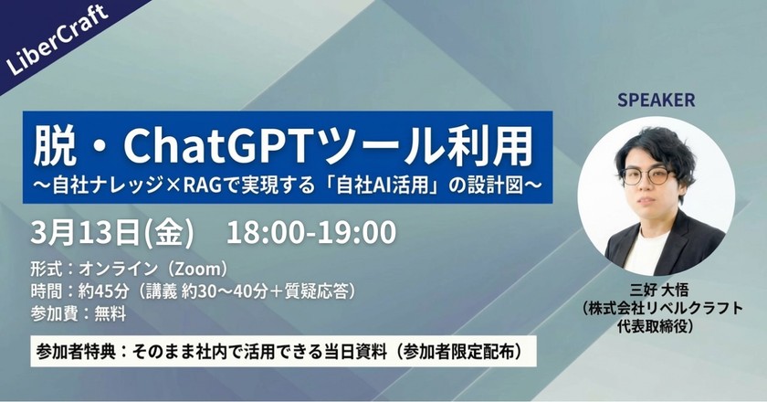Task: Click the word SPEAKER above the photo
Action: click(x=656, y=99)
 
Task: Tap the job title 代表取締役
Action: click(x=656, y=326)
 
